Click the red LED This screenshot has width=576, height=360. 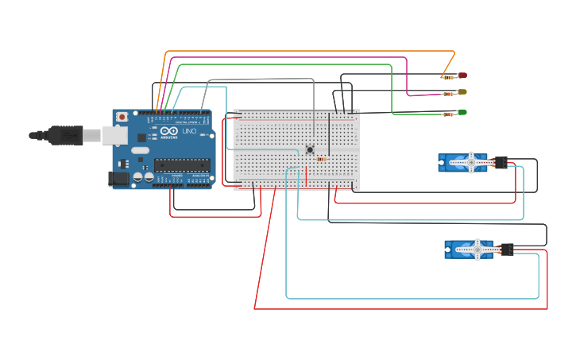click(462, 75)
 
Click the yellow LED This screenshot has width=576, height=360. click(462, 92)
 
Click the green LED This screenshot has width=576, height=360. click(462, 112)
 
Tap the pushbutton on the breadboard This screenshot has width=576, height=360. click(310, 149)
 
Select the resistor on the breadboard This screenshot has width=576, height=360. click(321, 159)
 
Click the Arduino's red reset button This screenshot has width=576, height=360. click(122, 117)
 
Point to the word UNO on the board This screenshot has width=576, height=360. click(189, 131)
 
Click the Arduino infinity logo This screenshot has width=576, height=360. click(169, 131)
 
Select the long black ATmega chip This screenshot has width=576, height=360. click(182, 165)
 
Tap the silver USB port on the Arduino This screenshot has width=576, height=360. click(114, 136)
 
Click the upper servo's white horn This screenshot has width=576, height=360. click(470, 162)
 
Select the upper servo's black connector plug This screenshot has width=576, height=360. click(501, 162)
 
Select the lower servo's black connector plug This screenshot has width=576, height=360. click(506, 250)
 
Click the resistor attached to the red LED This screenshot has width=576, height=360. click(450, 77)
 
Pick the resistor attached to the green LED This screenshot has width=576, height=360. click(450, 114)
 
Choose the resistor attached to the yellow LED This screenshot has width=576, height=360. click(449, 94)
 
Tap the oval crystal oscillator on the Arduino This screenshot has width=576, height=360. click(140, 149)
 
